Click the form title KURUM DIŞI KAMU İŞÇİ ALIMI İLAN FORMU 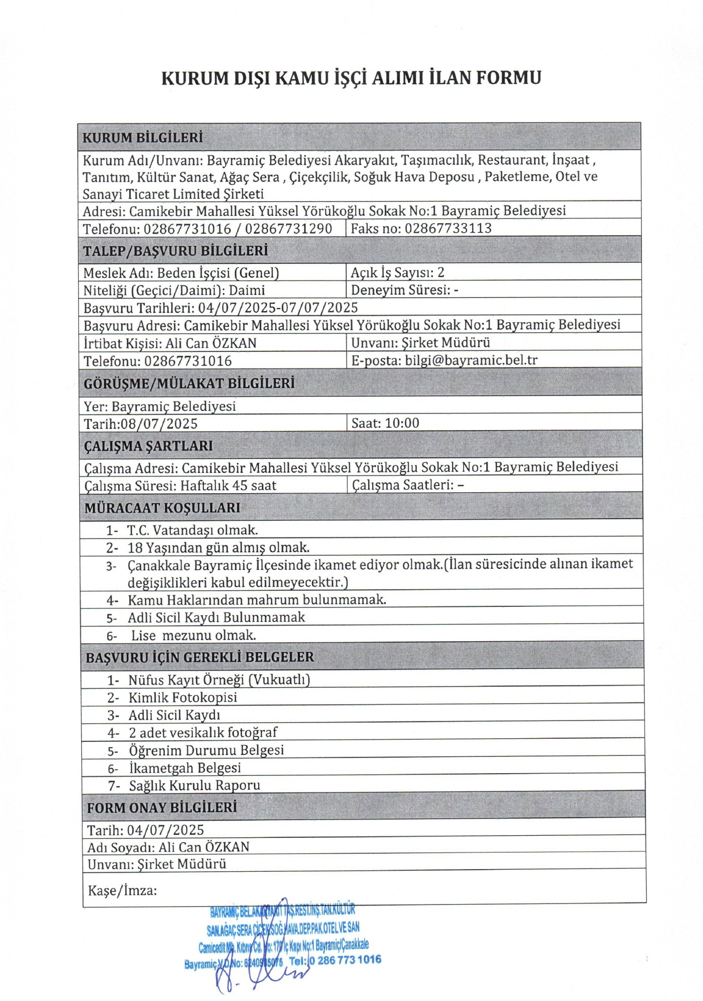point(351,78)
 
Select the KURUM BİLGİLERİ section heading point(142,138)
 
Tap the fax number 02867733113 point(448,228)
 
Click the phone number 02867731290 point(288,229)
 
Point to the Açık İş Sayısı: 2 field point(397,273)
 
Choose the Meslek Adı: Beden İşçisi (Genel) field point(181,273)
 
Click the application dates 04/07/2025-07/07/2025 point(277,308)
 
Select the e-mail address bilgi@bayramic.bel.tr point(471,360)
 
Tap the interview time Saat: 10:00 point(385,423)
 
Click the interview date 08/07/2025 point(159,423)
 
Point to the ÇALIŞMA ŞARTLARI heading point(149,446)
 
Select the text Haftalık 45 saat point(228,486)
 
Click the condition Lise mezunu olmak point(193,636)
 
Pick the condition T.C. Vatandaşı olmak point(192,530)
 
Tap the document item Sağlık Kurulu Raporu point(195,785)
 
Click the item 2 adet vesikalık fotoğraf point(203,733)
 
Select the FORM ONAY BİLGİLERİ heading point(162,808)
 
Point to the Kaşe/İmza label point(122,890)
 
